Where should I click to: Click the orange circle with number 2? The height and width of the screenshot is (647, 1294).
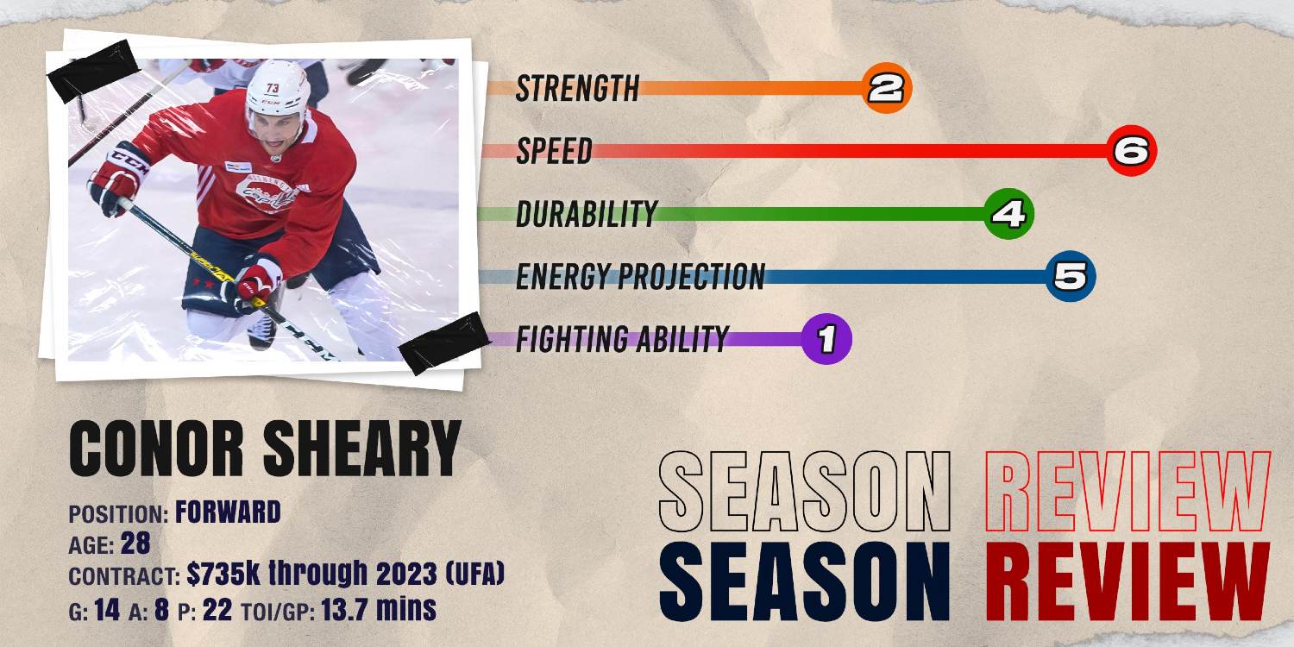(x=887, y=88)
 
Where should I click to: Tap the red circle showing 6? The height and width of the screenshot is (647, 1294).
(x=1131, y=151)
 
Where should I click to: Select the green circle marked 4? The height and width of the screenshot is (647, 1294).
(x=1008, y=213)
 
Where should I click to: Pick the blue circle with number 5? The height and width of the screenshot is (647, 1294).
(x=1071, y=277)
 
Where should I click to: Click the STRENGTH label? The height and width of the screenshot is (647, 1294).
(x=577, y=88)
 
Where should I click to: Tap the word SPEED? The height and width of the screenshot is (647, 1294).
(x=554, y=151)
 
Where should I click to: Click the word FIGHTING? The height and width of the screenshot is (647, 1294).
(x=570, y=340)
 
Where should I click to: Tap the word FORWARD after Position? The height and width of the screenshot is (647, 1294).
(x=228, y=513)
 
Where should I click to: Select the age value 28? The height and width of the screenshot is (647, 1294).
(x=135, y=544)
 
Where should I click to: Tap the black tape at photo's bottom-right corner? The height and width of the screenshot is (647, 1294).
(x=445, y=342)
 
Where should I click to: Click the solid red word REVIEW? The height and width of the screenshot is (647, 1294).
(x=1128, y=575)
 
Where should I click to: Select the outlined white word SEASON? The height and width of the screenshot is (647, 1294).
(x=804, y=492)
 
